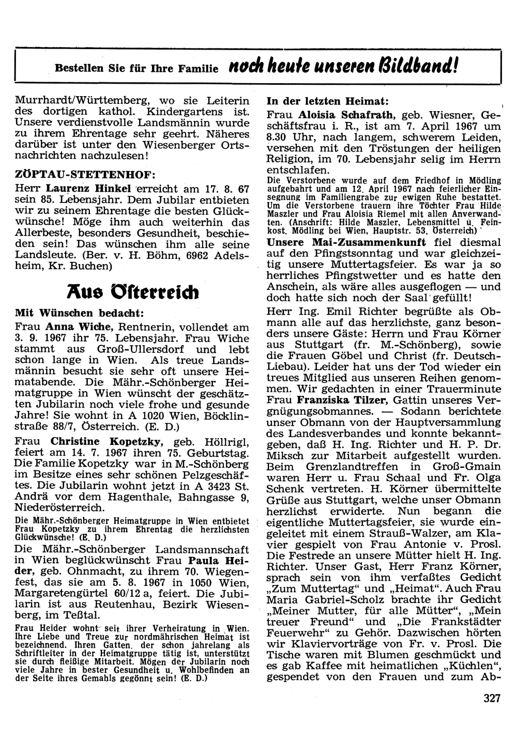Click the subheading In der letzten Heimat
tap(327, 100)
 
